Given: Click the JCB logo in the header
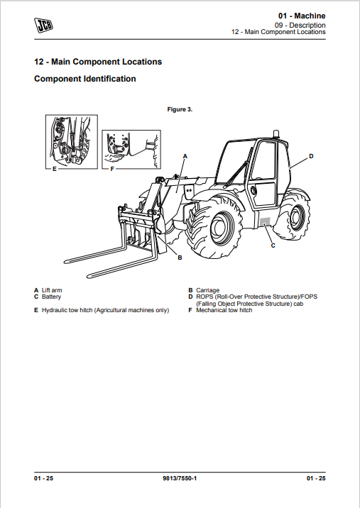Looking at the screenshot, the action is [x=43, y=26].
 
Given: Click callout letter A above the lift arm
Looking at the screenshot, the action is [x=185, y=156].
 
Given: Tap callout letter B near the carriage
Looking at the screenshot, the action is [x=180, y=258].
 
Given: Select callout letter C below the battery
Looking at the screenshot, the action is [x=273, y=245].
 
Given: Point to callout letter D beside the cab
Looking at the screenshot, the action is [x=311, y=156].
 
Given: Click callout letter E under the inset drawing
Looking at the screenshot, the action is [x=55, y=169].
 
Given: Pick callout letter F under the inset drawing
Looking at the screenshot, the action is [x=112, y=169].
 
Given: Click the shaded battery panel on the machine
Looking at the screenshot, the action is [x=265, y=221].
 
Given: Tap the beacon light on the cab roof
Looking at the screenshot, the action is [x=276, y=134].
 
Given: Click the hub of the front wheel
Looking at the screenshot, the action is [x=222, y=228].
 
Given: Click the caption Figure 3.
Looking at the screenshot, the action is [x=180, y=109].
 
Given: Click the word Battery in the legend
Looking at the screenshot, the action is [x=51, y=297].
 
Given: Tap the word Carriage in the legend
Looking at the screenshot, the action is [x=207, y=290].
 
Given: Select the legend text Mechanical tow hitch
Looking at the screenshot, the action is [x=224, y=310].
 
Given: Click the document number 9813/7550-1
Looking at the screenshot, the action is [x=180, y=478].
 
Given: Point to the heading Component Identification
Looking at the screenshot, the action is [x=85, y=79].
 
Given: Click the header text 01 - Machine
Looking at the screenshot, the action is [x=302, y=16].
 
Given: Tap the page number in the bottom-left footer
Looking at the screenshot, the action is [x=43, y=478].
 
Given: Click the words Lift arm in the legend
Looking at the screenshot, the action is [x=52, y=290].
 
